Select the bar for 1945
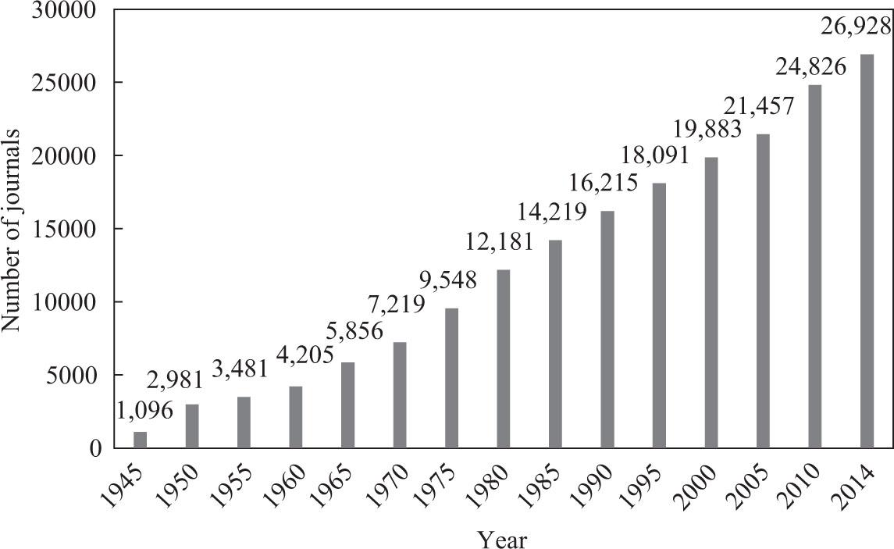[x=141, y=440]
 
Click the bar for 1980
[x=504, y=358]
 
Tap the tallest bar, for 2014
[x=867, y=251]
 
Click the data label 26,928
[x=857, y=27]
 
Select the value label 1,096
[x=147, y=409]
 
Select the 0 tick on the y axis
[x=96, y=448]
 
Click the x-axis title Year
[x=503, y=538]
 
